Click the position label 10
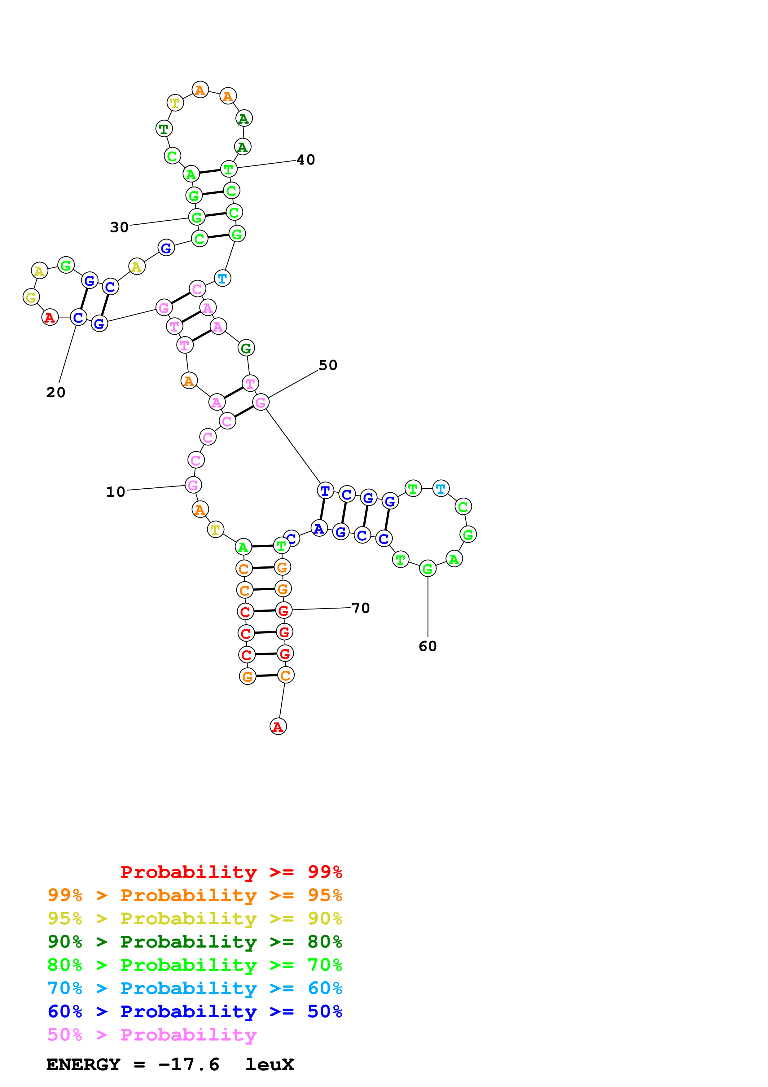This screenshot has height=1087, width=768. [x=116, y=492]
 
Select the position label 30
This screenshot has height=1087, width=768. [x=119, y=227]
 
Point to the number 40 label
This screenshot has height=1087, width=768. [x=306, y=160]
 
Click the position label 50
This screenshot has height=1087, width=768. [x=328, y=365]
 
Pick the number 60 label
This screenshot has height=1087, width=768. [x=428, y=646]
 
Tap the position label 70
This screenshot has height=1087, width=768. [x=361, y=608]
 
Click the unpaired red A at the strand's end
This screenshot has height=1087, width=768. [x=278, y=726]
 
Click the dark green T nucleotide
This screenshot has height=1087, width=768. [x=164, y=129]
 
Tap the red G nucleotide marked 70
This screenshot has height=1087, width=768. [x=283, y=611]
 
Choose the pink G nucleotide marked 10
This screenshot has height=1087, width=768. [x=193, y=485]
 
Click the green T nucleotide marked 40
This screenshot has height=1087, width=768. [x=229, y=169]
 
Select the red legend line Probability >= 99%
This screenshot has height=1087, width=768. [x=231, y=872]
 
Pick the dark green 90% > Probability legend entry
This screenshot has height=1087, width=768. [x=195, y=942]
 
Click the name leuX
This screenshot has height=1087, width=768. [x=270, y=1064]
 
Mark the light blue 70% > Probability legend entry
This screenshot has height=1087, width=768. [x=195, y=988]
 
